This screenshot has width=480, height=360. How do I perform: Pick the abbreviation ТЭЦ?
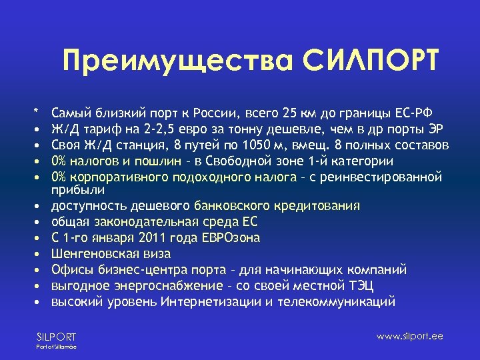click(x=361, y=286)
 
